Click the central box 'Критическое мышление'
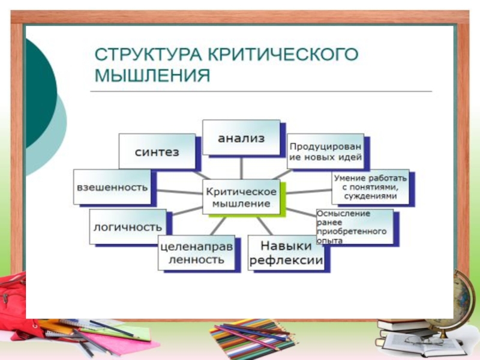click(241, 197)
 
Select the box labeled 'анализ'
click(241, 139)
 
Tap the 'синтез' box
click(157, 152)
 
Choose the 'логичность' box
click(127, 227)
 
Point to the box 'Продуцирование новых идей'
click(325, 151)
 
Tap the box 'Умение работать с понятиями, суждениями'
click(370, 187)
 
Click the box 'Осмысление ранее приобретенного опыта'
click(354, 226)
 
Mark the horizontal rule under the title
click(261, 91)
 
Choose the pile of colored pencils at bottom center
click(252, 336)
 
